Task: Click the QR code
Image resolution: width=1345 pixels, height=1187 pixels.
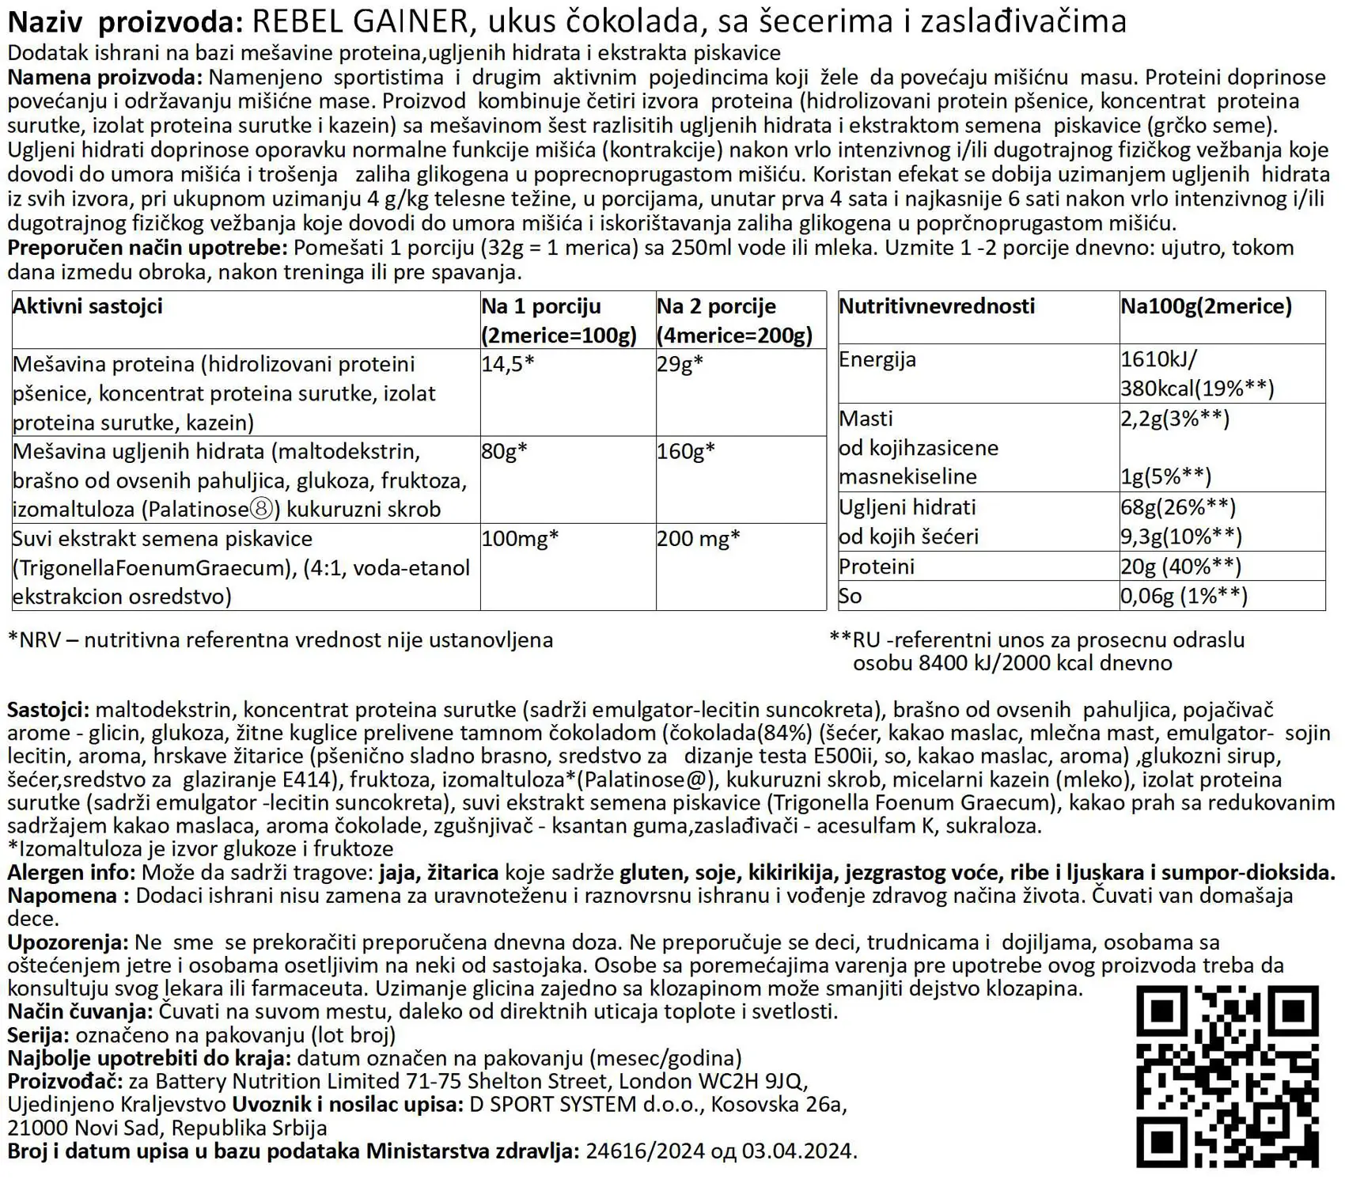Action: tap(1228, 1076)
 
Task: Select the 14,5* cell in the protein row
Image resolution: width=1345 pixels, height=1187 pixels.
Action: tap(508, 364)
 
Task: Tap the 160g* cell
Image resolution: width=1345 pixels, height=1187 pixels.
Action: tap(686, 451)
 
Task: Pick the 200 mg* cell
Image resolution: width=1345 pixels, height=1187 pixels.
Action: tap(699, 538)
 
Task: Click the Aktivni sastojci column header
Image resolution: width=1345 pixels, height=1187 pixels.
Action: tap(88, 306)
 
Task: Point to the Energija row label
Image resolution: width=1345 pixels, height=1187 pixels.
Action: tap(877, 359)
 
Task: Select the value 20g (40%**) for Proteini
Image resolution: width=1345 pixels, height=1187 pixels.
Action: tap(1180, 567)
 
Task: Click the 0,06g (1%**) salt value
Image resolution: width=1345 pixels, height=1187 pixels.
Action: tap(1184, 596)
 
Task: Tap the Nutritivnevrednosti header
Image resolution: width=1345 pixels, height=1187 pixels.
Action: tap(937, 306)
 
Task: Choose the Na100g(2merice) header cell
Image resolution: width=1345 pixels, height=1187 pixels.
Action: tap(1206, 306)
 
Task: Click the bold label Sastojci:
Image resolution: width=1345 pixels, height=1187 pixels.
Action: tap(47, 711)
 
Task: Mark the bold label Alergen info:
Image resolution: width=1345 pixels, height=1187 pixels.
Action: tap(71, 873)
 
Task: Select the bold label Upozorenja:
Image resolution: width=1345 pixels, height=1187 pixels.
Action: tap(67, 942)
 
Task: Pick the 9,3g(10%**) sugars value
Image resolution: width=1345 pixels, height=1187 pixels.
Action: tap(1180, 537)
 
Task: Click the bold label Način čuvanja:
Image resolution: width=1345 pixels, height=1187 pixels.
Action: tap(79, 1011)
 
